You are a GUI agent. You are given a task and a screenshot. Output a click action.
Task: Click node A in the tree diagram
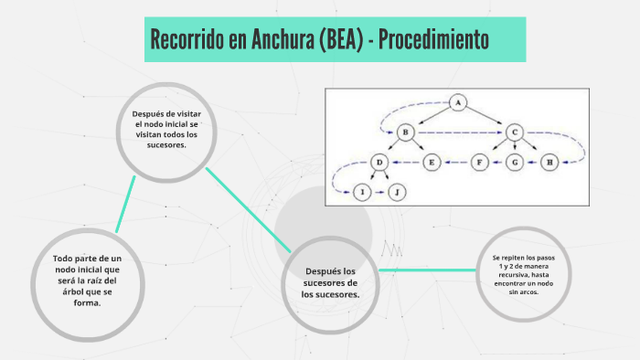coord(459,101)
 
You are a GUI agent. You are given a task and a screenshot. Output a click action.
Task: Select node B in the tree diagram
coord(404,132)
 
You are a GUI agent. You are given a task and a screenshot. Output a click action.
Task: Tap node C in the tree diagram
coord(515,132)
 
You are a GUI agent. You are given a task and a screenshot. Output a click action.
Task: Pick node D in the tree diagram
coord(379,163)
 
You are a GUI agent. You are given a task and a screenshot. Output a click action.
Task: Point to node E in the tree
coord(432,163)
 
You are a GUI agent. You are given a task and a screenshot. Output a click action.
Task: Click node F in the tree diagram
coord(481,163)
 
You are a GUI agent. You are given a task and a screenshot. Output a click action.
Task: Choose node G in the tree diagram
coord(515,163)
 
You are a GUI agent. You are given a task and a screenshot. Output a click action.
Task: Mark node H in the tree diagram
coord(549,163)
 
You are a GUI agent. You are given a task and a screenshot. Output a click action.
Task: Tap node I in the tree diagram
coord(363,192)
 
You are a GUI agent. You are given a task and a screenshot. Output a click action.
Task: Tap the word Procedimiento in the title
coord(436,40)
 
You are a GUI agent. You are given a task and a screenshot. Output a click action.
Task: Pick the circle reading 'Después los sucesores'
coord(331,282)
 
